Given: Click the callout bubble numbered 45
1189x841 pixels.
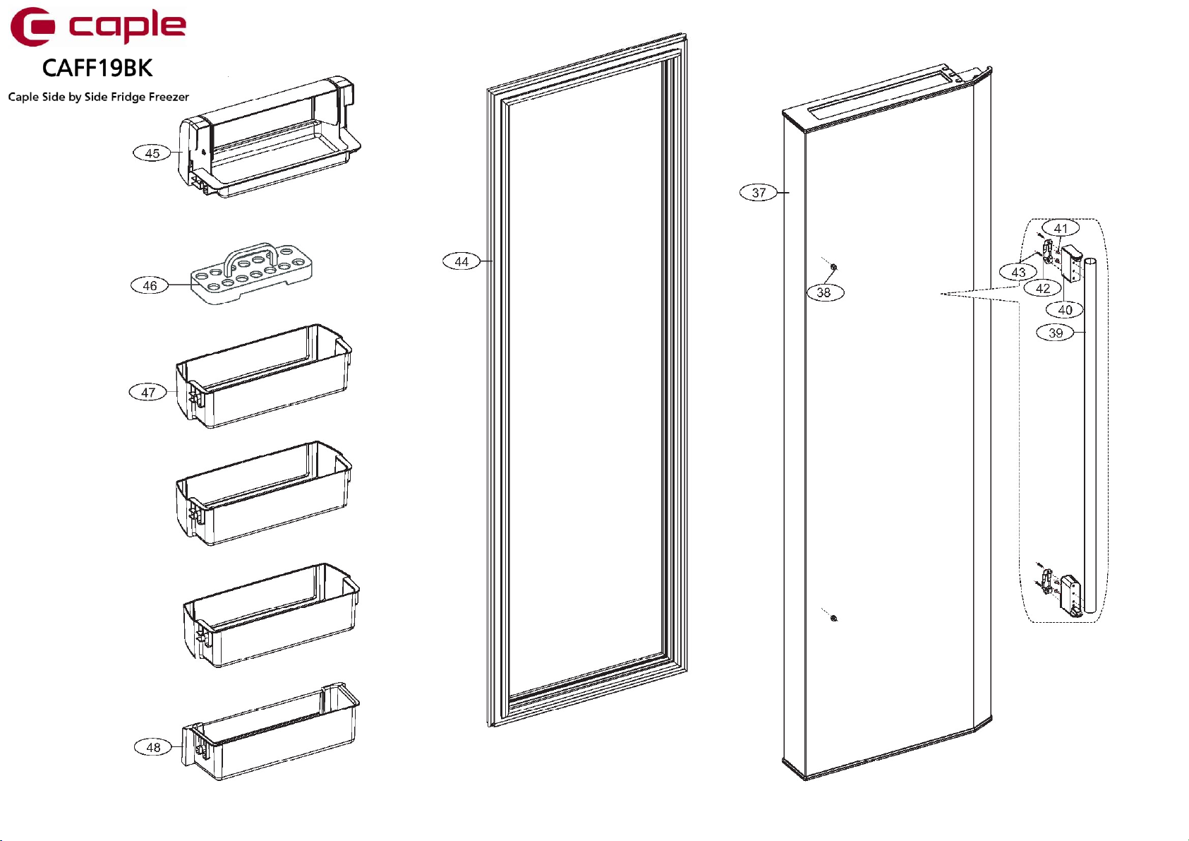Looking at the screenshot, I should tap(152, 153).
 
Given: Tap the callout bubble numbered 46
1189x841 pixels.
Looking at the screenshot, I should tap(150, 285).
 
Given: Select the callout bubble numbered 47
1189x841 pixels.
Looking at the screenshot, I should tap(147, 393).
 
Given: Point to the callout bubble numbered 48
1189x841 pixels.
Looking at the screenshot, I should tap(153, 747).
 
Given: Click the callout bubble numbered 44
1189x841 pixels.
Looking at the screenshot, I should tap(461, 262).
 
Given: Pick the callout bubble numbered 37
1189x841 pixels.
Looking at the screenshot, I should tap(759, 193).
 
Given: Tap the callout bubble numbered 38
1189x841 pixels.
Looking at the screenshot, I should tap(824, 292).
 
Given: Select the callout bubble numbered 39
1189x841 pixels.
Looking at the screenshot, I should tap(1055, 333).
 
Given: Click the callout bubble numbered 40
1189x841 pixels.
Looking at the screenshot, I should tap(1065, 309).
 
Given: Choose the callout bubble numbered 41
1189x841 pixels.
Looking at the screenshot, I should tap(1061, 228).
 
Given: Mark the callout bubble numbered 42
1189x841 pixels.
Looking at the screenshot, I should tap(1043, 288).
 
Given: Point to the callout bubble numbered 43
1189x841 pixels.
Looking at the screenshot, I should tap(1018, 272).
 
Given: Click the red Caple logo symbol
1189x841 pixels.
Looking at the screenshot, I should tap(32, 27).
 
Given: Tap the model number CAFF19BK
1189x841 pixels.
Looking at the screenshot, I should tap(97, 68).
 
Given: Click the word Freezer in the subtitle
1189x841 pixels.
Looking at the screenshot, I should tap(169, 97).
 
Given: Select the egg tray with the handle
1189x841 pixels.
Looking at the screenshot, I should tap(252, 273).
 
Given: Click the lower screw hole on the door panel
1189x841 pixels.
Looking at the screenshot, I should tap(834, 618).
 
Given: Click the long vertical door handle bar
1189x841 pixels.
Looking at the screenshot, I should tap(1090, 438).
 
